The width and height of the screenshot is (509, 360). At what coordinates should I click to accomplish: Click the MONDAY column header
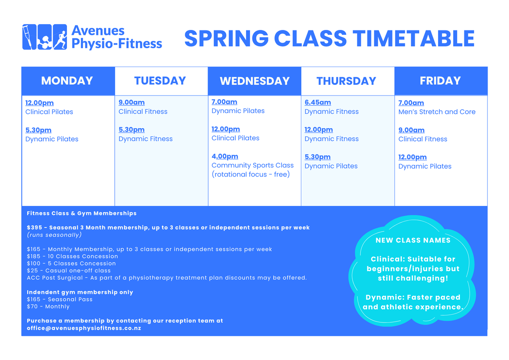pos(67,80)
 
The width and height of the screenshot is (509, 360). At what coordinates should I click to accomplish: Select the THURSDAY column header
pos(346,81)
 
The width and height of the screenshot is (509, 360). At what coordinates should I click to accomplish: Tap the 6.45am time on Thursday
pos(317,102)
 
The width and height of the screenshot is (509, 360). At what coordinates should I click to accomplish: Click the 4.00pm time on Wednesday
pos(225,156)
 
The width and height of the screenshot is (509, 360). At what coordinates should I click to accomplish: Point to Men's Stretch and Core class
pos(437,112)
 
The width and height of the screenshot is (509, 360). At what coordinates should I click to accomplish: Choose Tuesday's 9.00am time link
pos(131,102)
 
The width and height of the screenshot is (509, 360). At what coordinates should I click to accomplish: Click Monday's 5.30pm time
pos(38,130)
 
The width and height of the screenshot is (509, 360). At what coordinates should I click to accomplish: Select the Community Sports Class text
pos(253,165)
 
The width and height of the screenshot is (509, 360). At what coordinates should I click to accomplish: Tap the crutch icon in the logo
pos(29,37)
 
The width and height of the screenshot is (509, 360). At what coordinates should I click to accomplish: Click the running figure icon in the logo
pos(60,37)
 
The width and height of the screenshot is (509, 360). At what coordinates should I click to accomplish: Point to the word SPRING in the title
pos(226,38)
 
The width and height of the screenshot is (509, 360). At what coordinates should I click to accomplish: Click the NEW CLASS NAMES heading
pos(413,240)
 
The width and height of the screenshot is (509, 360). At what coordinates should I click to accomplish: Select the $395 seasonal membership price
pos(33,227)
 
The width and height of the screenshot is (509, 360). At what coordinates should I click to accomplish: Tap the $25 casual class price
pos(32,270)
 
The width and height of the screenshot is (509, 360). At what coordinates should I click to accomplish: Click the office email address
pos(84,328)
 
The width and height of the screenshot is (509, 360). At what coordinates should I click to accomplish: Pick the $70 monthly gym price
pos(32,306)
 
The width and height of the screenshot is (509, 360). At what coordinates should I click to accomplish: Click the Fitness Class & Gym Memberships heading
pos(81,213)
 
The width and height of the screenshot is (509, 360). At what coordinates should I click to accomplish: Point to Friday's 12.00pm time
pos(412,157)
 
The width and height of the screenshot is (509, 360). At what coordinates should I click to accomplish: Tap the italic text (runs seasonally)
pos(54,234)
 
